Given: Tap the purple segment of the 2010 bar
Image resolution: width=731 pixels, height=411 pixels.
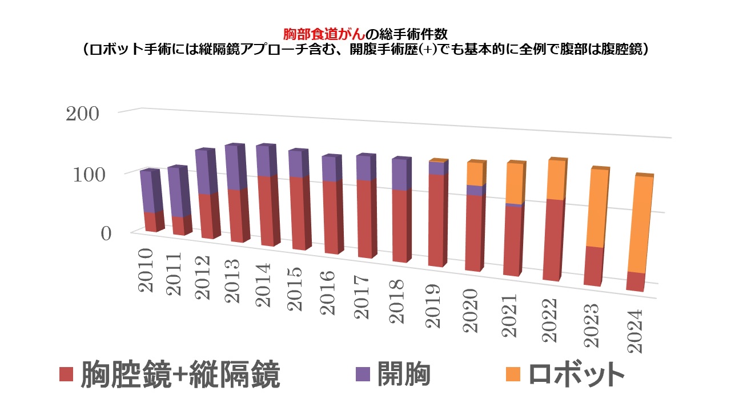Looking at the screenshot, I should point(147,191).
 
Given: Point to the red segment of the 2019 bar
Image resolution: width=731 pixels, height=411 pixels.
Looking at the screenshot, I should point(436,220).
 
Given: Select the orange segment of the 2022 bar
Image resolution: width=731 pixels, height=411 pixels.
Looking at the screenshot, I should point(553,180).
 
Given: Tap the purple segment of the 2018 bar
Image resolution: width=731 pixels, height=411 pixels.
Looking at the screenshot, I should point(400,174).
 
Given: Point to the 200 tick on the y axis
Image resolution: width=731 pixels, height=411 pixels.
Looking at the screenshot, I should point(83,114).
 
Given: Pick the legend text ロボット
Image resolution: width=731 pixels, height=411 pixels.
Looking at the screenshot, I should point(576,374).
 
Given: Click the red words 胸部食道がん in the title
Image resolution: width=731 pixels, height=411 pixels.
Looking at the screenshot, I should point(319,34).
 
